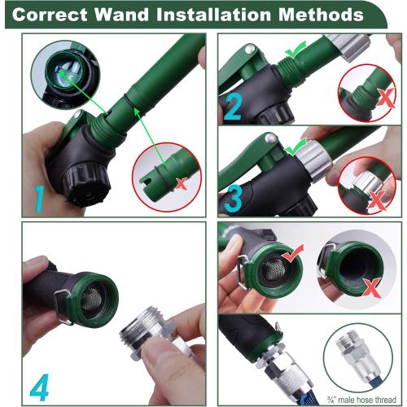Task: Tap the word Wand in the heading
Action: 144,15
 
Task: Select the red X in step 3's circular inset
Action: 375,199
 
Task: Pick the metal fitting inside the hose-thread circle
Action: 357,357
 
